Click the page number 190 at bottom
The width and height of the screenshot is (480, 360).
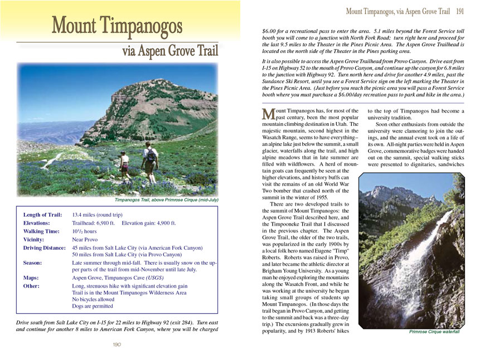coord(117,345)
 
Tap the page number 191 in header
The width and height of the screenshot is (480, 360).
coord(460,11)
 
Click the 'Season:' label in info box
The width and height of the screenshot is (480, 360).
coord(35,262)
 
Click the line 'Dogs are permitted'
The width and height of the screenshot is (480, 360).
coord(93,307)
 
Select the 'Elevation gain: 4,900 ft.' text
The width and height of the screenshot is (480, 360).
coord(148,223)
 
